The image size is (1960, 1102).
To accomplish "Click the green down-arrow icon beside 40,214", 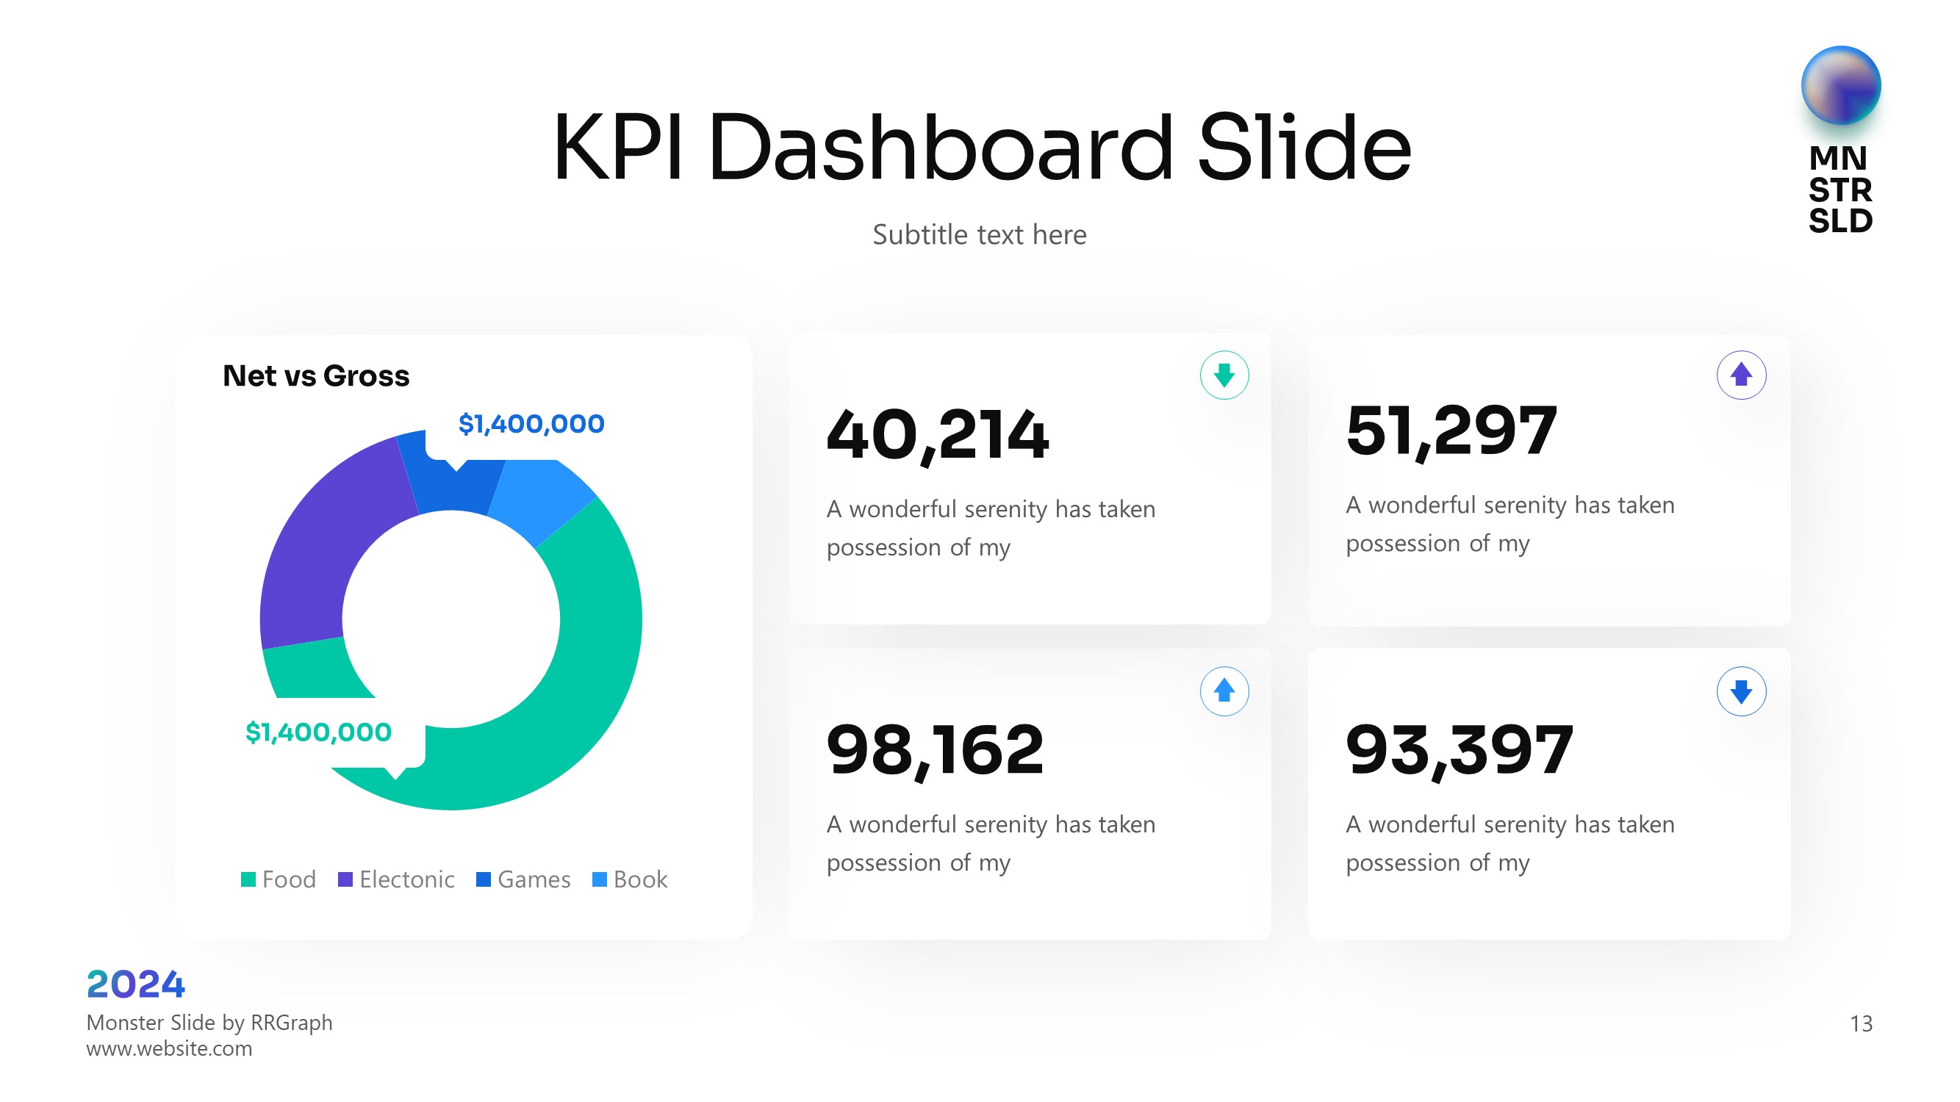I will pos(1224,375).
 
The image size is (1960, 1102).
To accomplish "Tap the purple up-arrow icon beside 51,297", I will pos(1741,375).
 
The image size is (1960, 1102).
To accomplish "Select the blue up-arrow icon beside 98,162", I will pos(1224,691).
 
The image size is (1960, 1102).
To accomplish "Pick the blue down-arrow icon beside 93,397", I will pos(1741,691).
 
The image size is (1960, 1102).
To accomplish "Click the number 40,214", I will pos(938,435).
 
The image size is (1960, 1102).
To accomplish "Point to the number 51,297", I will pos(1451,431).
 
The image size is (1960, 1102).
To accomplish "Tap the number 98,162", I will pos(935,751).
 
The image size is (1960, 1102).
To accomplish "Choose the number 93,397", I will pos(1459,751).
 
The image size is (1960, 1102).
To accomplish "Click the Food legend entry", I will pos(279,879).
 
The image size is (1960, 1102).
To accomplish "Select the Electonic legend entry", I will pos(396,879).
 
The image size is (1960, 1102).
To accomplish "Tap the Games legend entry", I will pos(523,879).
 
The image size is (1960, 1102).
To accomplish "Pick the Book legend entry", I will pos(630,879).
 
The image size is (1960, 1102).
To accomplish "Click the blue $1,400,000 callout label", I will pos(531,424).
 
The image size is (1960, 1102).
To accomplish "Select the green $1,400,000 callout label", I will pos(318,732).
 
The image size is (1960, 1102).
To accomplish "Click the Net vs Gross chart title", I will pos(316,375).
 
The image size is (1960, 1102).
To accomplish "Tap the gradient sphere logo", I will pos(1839,85).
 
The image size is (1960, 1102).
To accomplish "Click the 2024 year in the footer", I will pos(135,984).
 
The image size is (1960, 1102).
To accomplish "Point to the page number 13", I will pos(1861,1023).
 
